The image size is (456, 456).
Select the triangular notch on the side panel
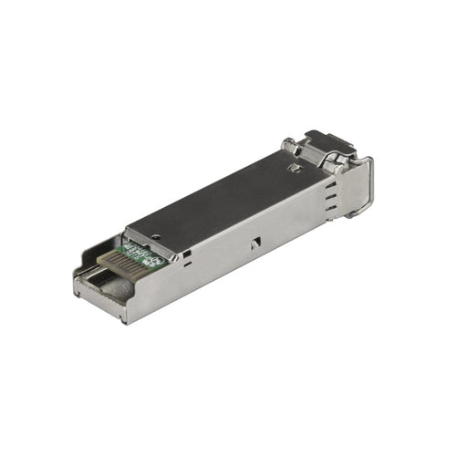pos(256,242)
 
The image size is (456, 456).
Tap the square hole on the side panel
pos(187,256)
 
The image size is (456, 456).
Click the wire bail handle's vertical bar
pos(368,187)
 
